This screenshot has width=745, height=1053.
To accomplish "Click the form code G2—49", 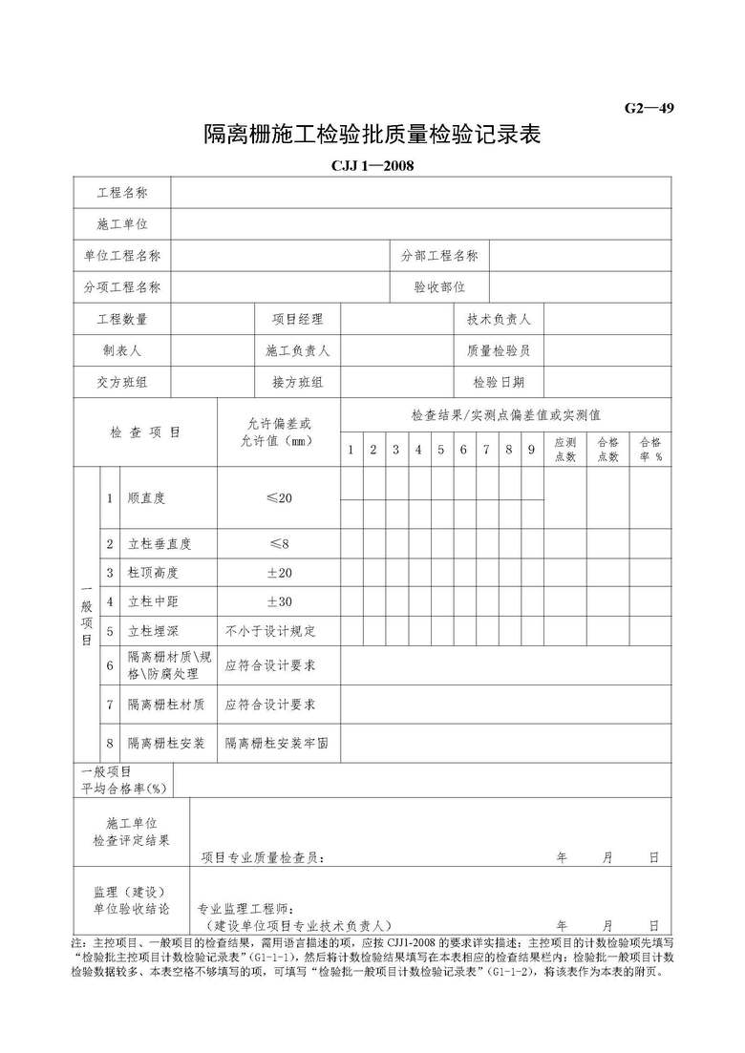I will point(649,108).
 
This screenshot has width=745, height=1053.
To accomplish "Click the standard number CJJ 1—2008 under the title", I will point(372,166).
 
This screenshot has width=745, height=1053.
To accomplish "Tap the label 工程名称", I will point(122,193).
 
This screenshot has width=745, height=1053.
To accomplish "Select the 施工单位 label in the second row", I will point(122,224).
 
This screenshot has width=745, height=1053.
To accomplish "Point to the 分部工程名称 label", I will point(439,256).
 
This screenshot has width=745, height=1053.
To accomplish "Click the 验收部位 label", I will point(439,286).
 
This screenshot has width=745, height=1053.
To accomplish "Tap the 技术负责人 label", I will point(499,319).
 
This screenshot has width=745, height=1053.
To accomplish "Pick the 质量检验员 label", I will point(499,350).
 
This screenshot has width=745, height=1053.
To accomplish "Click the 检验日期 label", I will point(499,382).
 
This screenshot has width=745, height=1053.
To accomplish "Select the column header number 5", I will point(440,450).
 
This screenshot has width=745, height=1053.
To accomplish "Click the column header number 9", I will point(531,450).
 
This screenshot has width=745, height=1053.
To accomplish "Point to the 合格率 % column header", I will point(650,450).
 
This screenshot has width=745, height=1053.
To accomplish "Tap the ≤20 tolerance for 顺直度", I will point(279,498).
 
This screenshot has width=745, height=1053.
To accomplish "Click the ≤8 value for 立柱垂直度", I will point(279,543).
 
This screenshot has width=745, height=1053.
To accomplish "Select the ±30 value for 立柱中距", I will point(279,601).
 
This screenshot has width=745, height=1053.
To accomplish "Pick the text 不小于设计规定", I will point(270,631).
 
